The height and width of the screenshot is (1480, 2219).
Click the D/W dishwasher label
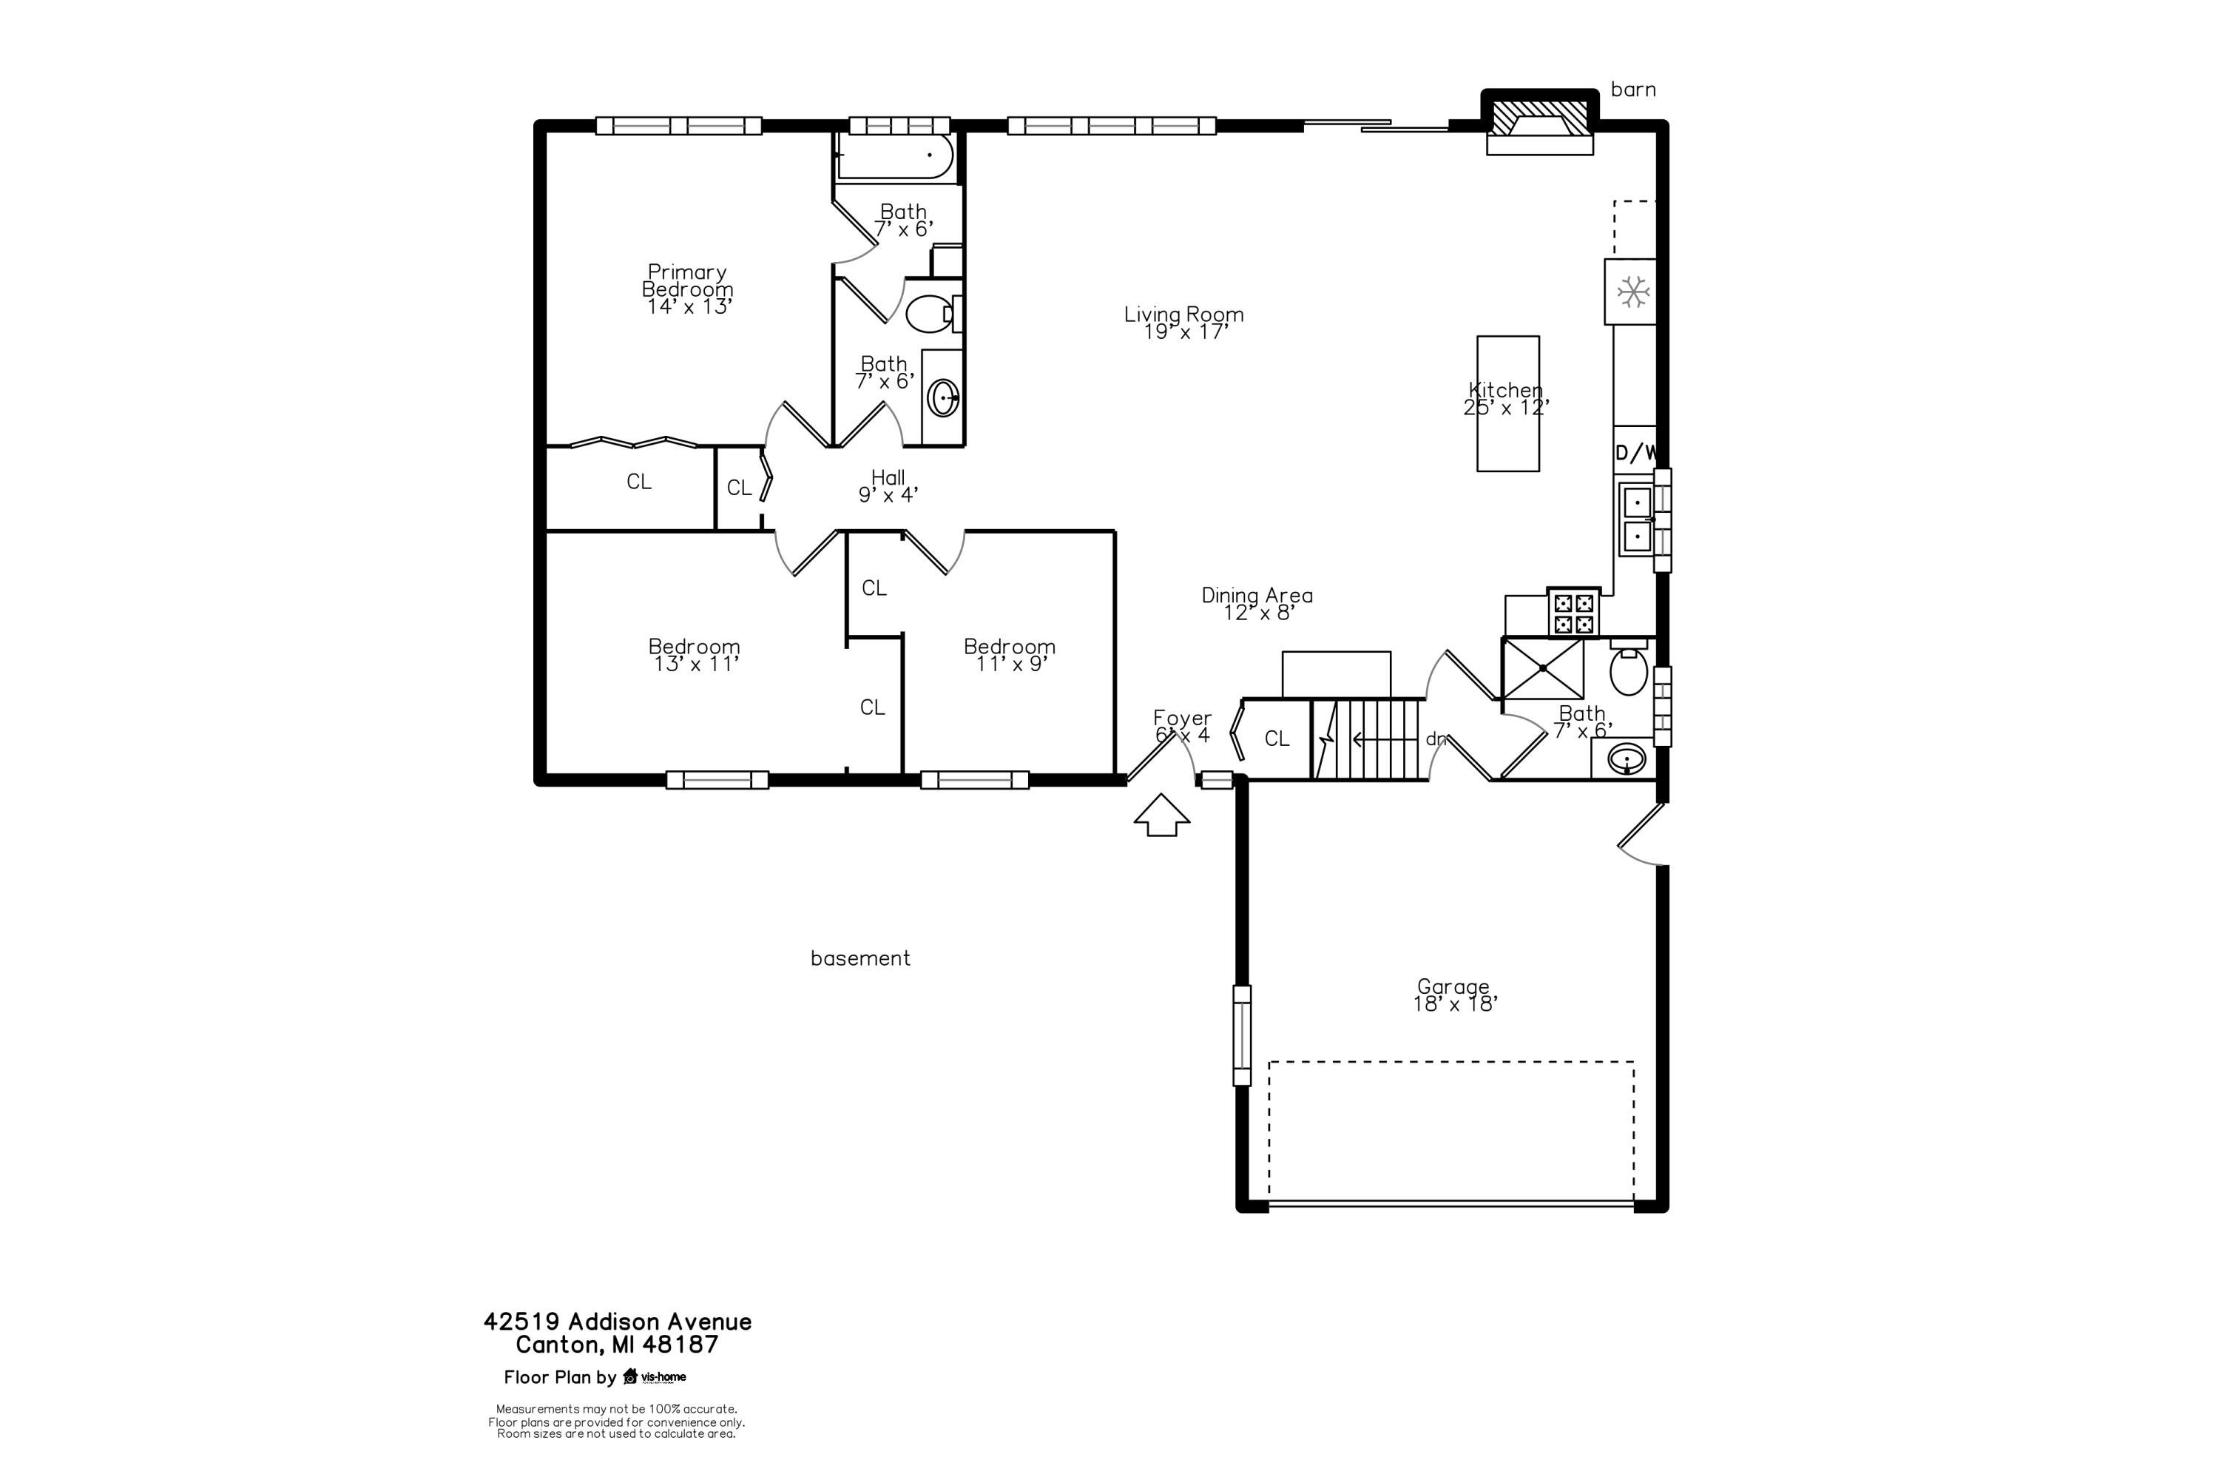tap(1635, 453)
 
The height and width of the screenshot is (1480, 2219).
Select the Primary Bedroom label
tap(687, 289)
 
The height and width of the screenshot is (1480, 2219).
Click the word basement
tap(859, 959)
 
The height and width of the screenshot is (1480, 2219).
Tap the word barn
tap(1632, 90)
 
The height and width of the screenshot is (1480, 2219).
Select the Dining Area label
tap(1257, 603)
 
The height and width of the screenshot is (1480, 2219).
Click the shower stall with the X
tap(1541, 668)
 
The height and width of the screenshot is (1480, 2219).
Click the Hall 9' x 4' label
tap(888, 485)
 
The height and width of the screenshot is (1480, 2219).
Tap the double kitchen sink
tap(1636, 520)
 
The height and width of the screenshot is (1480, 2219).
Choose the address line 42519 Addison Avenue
tap(617, 1322)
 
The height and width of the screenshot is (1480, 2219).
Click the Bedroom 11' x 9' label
tap(1009, 654)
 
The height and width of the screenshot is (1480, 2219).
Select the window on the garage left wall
tap(1242, 1035)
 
